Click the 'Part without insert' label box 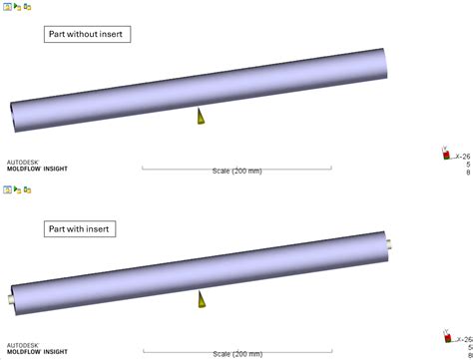(89, 35)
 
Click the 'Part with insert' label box (82, 229)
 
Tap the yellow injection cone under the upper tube (202, 117)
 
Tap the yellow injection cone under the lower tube (202, 299)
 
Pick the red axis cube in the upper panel (445, 154)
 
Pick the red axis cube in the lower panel (445, 336)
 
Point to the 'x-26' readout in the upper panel (462, 157)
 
